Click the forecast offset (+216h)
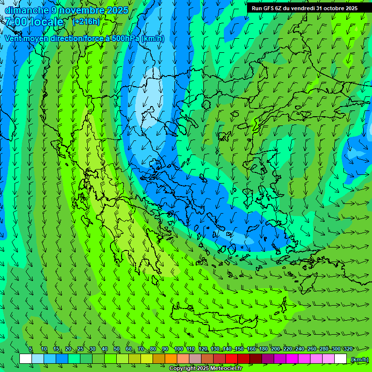(x=86, y=22)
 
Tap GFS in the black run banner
(x=269, y=8)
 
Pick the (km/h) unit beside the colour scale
(x=359, y=359)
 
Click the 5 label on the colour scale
(x=31, y=349)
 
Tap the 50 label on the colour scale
(x=116, y=349)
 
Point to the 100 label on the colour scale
(x=178, y=349)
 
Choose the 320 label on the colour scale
(x=348, y=349)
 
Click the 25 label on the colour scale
(x=80, y=349)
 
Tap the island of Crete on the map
(x=218, y=315)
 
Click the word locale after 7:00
(x=46, y=22)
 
